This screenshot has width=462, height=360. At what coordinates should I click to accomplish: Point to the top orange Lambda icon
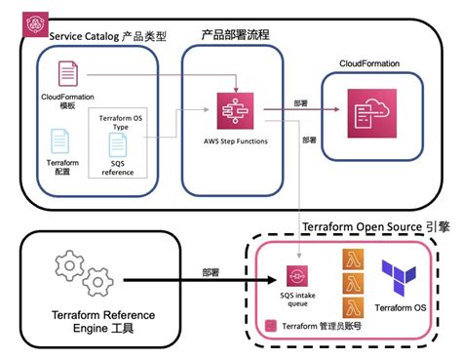[354, 260]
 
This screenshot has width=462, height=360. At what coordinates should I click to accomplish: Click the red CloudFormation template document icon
[67, 74]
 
